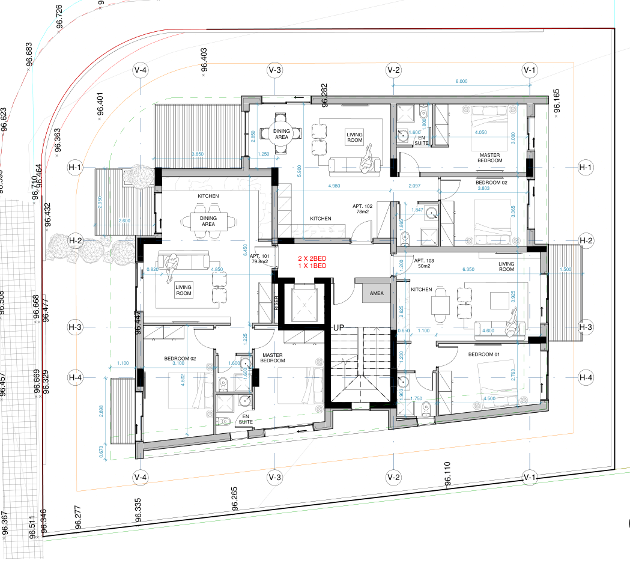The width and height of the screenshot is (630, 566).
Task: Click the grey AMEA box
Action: (x=377, y=293)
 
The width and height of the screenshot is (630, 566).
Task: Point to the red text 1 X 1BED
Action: (x=312, y=266)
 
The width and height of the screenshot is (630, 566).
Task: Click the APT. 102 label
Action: (x=364, y=206)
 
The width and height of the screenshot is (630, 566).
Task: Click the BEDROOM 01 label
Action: (x=484, y=355)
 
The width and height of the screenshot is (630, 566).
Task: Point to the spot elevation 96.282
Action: (x=325, y=96)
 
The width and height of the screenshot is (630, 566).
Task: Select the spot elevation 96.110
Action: (x=446, y=474)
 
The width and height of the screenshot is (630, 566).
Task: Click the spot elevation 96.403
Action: (x=204, y=61)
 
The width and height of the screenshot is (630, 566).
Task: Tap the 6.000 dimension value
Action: (x=461, y=81)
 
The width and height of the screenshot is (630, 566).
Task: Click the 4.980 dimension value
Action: (x=335, y=186)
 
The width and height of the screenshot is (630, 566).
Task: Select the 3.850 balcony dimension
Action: (x=197, y=154)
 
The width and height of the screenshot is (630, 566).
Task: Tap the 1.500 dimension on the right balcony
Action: (x=566, y=270)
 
